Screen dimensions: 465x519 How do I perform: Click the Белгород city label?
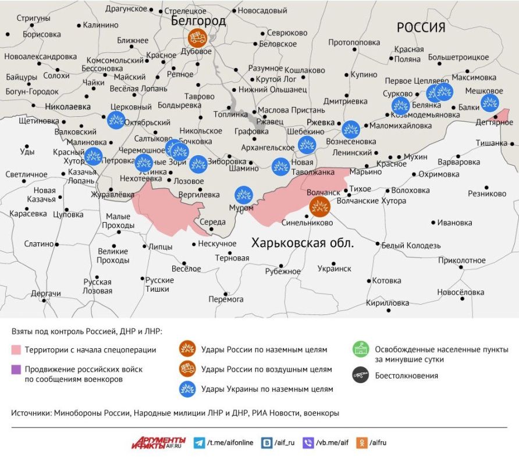coord(198,21)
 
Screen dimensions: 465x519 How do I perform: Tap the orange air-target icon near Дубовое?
coord(197,38)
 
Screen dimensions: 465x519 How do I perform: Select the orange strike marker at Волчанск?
coord(319,206)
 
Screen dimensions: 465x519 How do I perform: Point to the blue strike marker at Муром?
coord(243,195)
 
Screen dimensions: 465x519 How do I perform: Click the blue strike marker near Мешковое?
coord(489,103)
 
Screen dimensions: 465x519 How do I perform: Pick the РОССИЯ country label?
coord(421,27)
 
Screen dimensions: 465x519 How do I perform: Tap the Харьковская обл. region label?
coord(302,243)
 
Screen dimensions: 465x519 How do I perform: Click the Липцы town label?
coord(161,246)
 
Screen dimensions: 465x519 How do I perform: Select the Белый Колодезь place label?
coord(411,245)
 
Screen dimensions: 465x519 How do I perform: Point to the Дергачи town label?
coord(46,294)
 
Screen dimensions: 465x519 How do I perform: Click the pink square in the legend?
coord(16,350)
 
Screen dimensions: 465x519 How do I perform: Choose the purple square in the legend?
coord(16,369)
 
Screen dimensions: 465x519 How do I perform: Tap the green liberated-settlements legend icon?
coord(361,350)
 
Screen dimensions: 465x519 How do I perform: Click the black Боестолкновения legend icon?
coord(361,375)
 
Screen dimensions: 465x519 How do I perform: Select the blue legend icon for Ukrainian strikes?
coord(187,388)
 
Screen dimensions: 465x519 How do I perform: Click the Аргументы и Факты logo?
coord(158,442)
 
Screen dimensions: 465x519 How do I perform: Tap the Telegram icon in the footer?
coord(199,442)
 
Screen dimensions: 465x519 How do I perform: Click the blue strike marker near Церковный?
coord(116,120)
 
